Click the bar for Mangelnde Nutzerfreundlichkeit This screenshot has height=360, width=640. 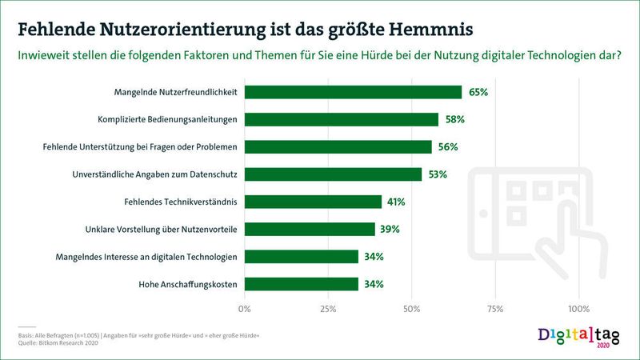pos(353,92)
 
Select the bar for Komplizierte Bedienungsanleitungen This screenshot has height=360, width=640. pos(342,119)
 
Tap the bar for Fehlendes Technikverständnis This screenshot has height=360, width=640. pos(313,202)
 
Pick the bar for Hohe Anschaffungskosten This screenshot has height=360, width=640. pos(302,284)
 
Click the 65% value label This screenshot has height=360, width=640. pos(478,92)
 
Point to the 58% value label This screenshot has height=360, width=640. pos(455,119)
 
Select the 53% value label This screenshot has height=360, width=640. pos(438,174)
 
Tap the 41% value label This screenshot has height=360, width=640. pos(395,202)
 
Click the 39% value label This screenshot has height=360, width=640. pos(389,230)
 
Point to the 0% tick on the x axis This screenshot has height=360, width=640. pos(245,307)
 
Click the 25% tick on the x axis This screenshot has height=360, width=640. pos(327,307)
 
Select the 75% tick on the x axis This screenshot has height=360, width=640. pos(494,307)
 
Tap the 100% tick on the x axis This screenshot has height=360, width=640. pos(578,307)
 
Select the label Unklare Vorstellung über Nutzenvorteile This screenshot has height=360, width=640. pos(161,230)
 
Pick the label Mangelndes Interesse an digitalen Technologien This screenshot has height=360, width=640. pos(146,257)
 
